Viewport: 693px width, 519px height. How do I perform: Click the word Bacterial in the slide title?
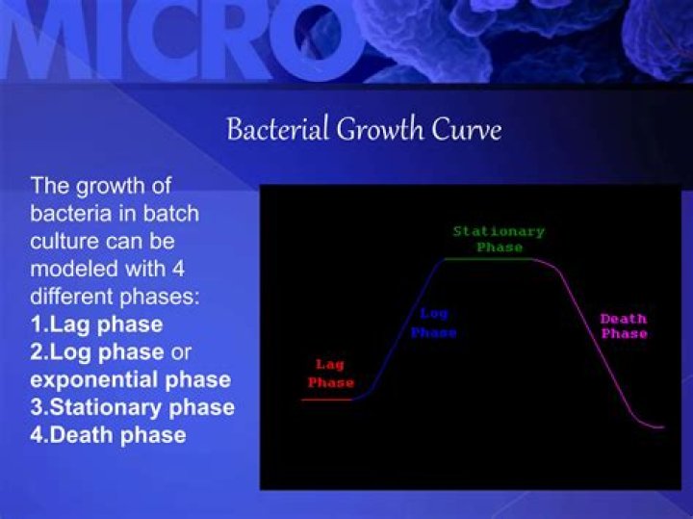click(278, 129)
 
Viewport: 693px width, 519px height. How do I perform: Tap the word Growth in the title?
click(380, 129)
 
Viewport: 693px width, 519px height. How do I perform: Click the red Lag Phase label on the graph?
click(331, 374)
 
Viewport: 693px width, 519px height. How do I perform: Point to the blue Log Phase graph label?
click(433, 324)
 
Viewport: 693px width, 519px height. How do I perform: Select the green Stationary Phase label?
click(499, 239)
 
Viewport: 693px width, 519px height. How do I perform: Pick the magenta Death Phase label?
click(624, 325)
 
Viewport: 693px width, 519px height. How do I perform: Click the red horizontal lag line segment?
click(326, 400)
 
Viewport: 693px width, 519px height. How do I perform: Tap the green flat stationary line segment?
click(489, 259)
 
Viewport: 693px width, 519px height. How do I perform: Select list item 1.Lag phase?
click(97, 324)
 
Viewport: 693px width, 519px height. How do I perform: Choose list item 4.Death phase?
click(108, 435)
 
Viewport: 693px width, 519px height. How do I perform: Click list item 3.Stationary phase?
click(132, 408)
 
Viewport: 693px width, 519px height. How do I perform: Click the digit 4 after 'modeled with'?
click(178, 269)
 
